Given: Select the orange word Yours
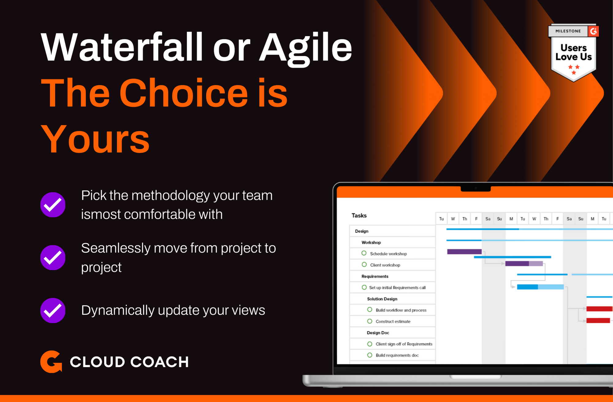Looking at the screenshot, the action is (x=95, y=139).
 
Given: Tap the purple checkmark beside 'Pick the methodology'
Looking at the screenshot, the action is (x=53, y=205).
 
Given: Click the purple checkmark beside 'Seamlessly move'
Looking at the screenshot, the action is (x=53, y=257).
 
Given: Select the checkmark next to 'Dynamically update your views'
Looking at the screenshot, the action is (x=53, y=310).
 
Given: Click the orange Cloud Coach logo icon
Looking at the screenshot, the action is (x=51, y=362).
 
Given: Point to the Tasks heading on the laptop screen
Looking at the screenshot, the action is (x=359, y=215).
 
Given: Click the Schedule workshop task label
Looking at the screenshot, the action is (x=388, y=254).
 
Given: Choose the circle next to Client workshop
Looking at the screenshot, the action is (x=364, y=264).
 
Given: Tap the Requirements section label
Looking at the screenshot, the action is (x=375, y=276).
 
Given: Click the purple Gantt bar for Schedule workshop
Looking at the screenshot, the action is (x=464, y=252).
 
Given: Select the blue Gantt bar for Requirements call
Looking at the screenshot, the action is (x=540, y=287).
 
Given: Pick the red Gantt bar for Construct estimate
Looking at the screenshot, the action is (x=598, y=320).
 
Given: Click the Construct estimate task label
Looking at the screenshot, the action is (x=393, y=321).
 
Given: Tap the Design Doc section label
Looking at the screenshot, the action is (x=378, y=333).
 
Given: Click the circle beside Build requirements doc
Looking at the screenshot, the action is (x=370, y=355).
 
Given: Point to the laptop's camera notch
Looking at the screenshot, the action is (x=476, y=188).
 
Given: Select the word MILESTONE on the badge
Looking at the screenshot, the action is (x=568, y=31).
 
